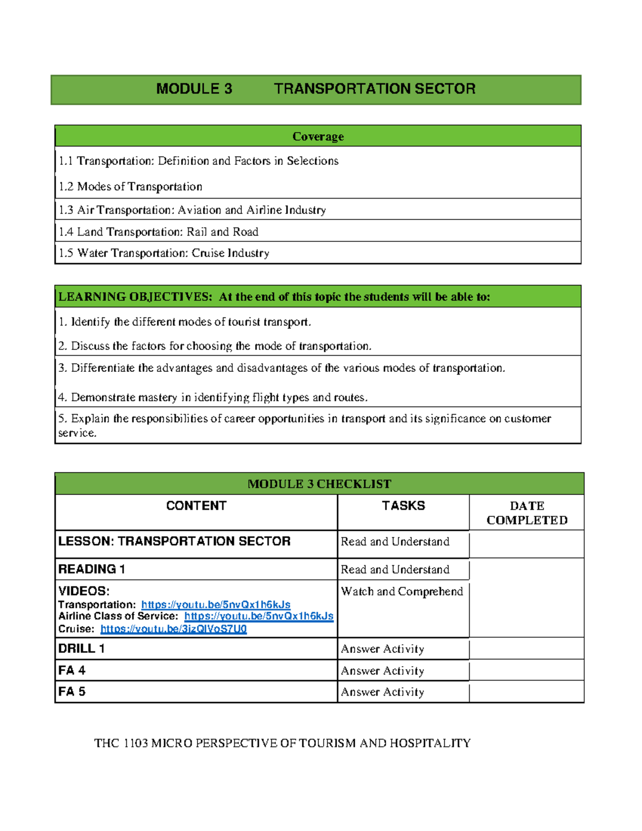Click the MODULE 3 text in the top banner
coord(194,89)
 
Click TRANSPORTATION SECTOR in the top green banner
coord(374,89)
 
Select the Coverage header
coord(318,136)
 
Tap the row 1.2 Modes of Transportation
coord(131,187)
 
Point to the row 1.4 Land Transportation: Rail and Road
coord(158,232)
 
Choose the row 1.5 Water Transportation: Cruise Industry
coord(164,253)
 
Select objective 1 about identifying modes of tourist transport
coord(185,322)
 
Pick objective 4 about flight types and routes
coord(213,398)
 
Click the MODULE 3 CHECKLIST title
coord(319,484)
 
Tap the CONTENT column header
coord(196,506)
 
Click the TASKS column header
coord(403,506)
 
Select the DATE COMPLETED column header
coord(527,513)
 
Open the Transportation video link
coord(216,605)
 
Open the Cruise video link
coord(173,629)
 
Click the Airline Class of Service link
coord(258,616)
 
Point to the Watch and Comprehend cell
coord(402,592)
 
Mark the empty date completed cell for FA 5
coord(526,692)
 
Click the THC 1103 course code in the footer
coord(121,743)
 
